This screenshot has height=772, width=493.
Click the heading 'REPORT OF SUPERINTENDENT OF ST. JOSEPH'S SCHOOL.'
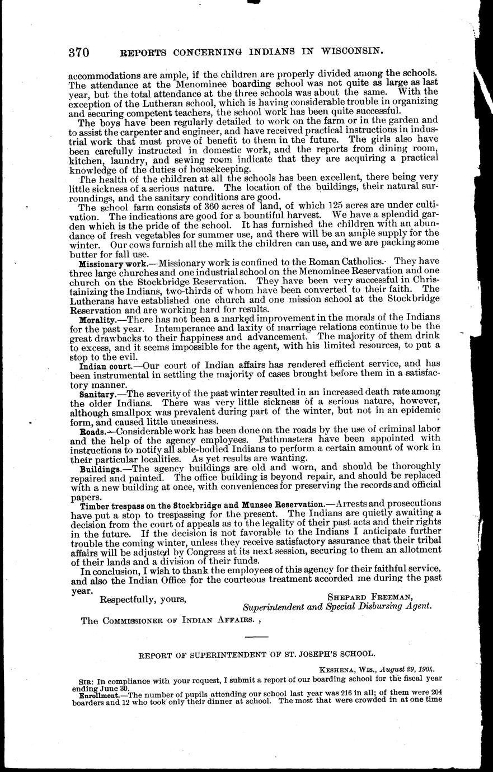(257, 653)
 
